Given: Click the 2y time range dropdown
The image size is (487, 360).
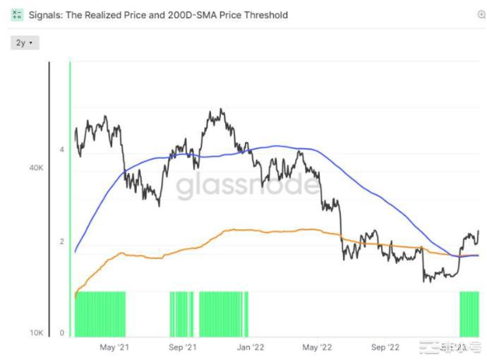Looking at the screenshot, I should click(x=25, y=43).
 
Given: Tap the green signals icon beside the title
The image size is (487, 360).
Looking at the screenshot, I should click(x=18, y=14).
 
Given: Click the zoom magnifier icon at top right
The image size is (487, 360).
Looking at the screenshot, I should click(x=481, y=14).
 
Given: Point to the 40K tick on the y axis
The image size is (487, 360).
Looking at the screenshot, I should click(x=35, y=168).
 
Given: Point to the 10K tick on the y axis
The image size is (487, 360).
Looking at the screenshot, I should click(x=35, y=332).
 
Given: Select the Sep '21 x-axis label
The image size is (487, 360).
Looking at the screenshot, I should click(x=182, y=347).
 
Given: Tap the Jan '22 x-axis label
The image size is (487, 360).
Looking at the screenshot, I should click(x=250, y=347).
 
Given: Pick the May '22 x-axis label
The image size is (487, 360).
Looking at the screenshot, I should click(x=318, y=347).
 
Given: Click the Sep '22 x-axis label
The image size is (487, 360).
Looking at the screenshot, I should click(x=385, y=347).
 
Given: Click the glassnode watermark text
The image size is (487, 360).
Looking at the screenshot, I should click(x=246, y=185).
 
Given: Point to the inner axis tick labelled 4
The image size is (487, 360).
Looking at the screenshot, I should click(x=62, y=150).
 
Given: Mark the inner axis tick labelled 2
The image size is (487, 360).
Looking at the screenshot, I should click(x=62, y=241).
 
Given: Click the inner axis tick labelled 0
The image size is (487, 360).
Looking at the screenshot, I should click(x=62, y=332).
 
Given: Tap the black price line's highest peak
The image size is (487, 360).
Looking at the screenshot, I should click(x=222, y=109).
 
